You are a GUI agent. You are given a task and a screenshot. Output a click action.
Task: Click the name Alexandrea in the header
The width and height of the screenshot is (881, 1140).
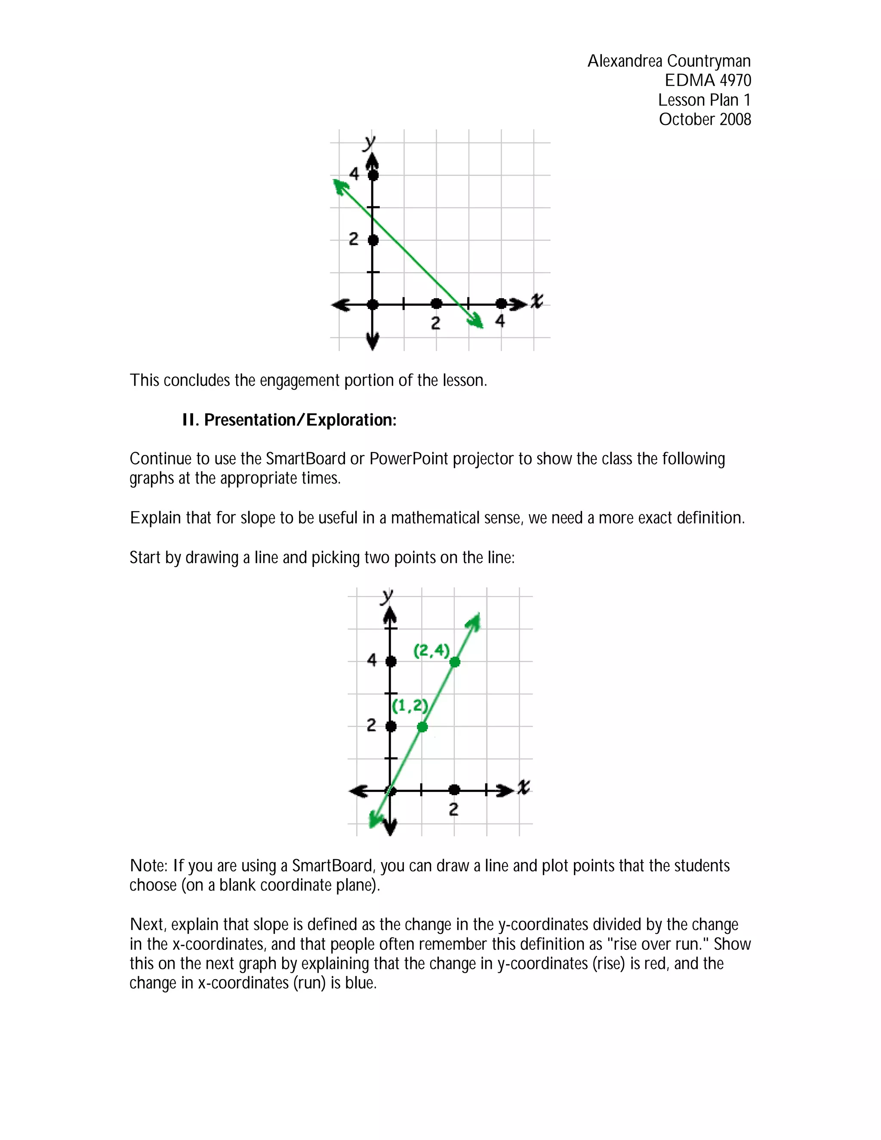pyautogui.click(x=625, y=61)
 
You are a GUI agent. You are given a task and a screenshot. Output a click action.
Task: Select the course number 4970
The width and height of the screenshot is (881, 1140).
pyautogui.click(x=735, y=80)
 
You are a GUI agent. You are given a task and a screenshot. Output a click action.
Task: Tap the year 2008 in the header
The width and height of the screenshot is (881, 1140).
pyautogui.click(x=735, y=120)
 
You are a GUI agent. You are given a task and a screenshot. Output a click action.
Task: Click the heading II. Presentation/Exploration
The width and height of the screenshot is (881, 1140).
pyautogui.click(x=289, y=420)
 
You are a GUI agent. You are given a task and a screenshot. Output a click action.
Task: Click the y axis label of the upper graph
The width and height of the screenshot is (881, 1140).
pyautogui.click(x=370, y=142)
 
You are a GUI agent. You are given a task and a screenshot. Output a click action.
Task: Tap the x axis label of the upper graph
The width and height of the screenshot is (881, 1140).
pyautogui.click(x=536, y=301)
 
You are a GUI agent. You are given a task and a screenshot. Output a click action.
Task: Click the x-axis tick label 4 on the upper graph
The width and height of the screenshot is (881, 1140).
pyautogui.click(x=500, y=321)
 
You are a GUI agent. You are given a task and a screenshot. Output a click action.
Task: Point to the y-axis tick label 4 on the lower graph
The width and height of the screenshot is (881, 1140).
pyautogui.click(x=372, y=660)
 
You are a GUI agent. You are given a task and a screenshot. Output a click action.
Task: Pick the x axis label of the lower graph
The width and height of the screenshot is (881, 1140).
pyautogui.click(x=524, y=787)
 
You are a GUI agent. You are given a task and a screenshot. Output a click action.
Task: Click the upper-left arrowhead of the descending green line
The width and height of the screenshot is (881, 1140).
pyautogui.click(x=340, y=186)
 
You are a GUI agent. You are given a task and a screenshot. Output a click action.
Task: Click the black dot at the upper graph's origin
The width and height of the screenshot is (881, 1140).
pyautogui.click(x=373, y=304)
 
